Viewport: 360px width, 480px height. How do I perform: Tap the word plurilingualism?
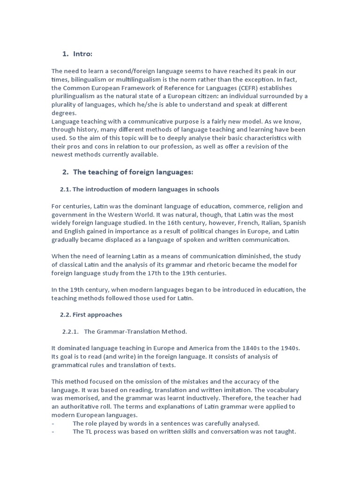click(74, 96)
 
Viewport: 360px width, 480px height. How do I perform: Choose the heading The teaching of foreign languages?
click(133, 172)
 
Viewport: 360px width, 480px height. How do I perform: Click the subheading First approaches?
click(97, 315)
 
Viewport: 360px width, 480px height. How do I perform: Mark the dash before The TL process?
click(53, 432)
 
